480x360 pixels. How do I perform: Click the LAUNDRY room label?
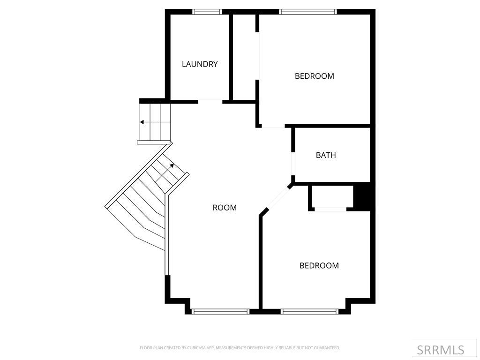click(x=200, y=64)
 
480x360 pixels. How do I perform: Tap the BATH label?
click(x=326, y=155)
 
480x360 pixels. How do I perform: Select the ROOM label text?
click(x=225, y=208)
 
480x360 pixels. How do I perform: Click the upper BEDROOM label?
click(x=314, y=76)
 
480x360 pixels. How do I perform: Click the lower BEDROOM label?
click(x=319, y=266)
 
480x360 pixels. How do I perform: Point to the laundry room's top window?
click(x=208, y=12)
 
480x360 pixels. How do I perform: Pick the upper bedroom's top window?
click(x=307, y=12)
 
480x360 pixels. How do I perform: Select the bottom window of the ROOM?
click(x=220, y=311)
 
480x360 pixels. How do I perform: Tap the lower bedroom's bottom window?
click(x=309, y=311)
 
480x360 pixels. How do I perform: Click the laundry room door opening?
click(x=210, y=100)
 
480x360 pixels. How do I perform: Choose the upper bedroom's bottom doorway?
click(x=273, y=127)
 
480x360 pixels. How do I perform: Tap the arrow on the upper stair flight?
click(x=142, y=122)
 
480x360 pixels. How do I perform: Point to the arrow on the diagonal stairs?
click(x=172, y=165)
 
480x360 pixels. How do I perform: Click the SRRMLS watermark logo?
click(x=441, y=350)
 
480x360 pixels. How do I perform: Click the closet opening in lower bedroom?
click(x=330, y=209)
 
